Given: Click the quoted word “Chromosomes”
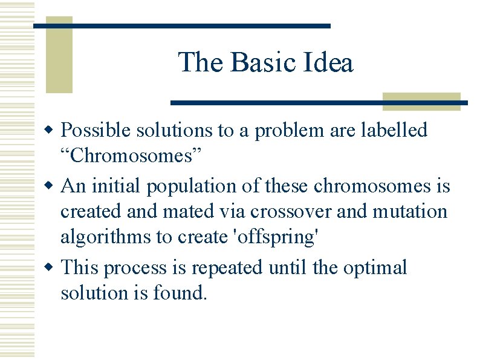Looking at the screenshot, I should click(123, 156).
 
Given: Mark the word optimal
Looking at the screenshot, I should click(375, 267).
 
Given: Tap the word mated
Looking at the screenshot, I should click(192, 212).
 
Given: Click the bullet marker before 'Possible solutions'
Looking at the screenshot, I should click(52, 131).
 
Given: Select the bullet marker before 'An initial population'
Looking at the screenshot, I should click(52, 186).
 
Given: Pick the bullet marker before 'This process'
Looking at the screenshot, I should click(52, 267).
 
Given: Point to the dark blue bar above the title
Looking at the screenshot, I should click(181, 26).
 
